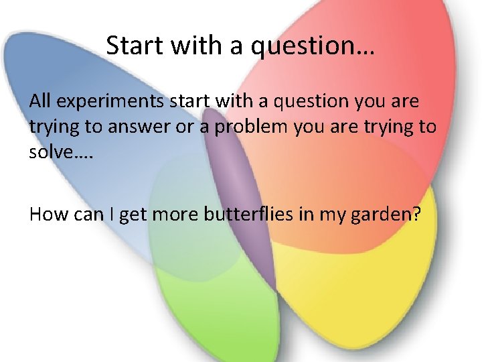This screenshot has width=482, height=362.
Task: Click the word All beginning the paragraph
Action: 40,101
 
